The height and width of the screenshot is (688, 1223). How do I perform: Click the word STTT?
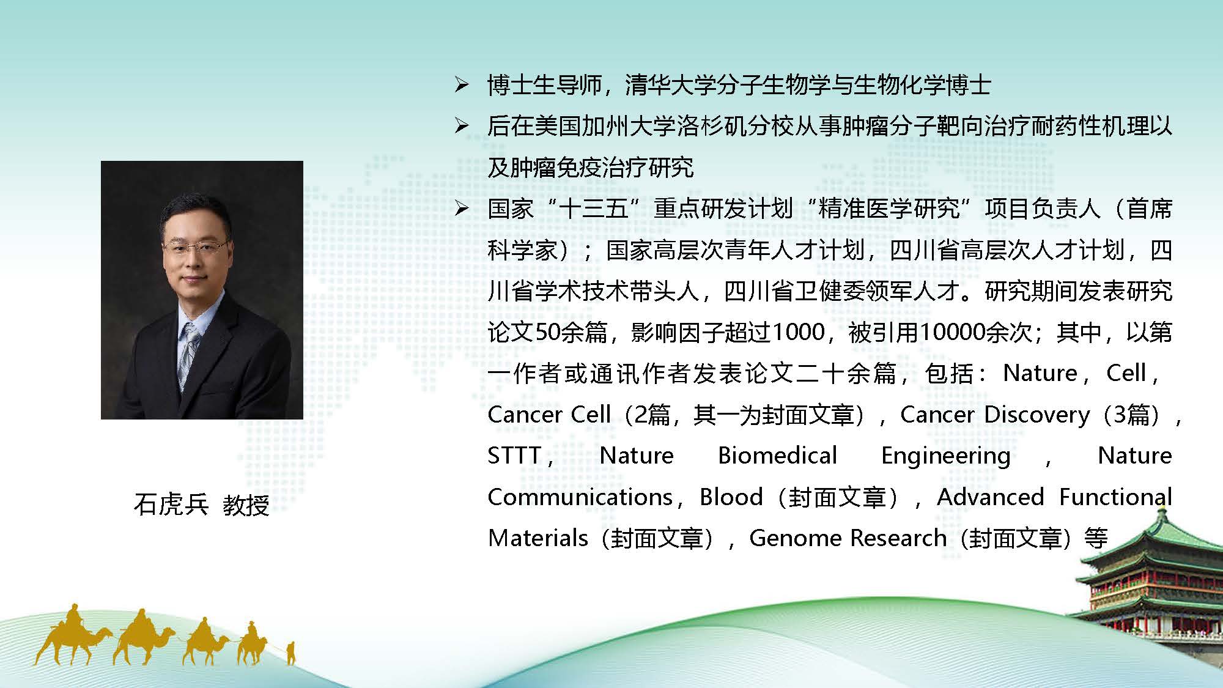514,456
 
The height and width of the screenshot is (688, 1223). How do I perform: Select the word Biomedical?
777,456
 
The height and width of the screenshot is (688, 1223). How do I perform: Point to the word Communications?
580,497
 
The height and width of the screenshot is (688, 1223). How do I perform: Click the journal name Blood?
731,497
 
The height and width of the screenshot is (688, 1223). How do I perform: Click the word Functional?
1115,497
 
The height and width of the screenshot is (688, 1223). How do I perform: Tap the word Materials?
538,538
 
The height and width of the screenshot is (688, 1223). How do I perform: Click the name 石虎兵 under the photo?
171,506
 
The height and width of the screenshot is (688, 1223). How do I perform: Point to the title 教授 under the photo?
246,506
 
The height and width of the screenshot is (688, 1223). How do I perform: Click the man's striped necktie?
188,355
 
